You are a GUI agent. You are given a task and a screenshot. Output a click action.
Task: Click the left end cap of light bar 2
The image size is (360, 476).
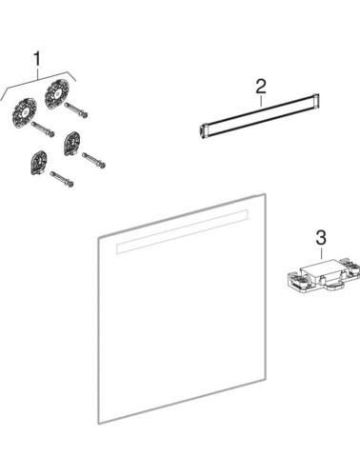coord(202,129)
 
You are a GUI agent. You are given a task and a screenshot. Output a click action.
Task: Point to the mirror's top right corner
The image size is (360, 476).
coord(266,195)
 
